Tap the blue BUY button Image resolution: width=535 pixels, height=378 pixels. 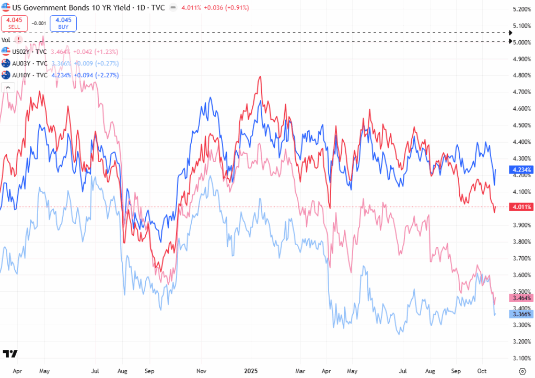click(x=63, y=23)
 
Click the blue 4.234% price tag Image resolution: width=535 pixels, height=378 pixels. click(x=520, y=169)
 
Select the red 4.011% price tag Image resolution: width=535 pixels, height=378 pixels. click(x=520, y=207)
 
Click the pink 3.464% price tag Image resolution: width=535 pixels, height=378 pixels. click(x=520, y=297)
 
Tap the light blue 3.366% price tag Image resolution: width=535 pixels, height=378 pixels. click(x=520, y=314)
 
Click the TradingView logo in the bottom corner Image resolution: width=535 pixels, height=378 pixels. click(x=10, y=353)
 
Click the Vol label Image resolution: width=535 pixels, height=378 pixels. click(x=6, y=39)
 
